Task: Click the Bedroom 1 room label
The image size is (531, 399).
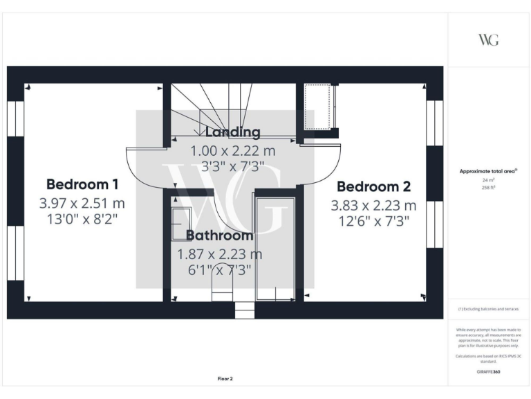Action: (x=82, y=184)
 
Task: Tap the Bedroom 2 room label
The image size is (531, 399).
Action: (x=373, y=186)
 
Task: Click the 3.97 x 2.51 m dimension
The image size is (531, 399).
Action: (x=82, y=204)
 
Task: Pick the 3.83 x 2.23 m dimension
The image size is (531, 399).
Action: (x=373, y=205)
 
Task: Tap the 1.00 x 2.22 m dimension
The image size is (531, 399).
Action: (x=233, y=150)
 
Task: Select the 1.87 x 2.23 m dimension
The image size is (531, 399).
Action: (x=220, y=254)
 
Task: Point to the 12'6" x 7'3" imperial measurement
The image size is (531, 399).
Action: (x=373, y=222)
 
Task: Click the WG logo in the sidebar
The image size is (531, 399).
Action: (x=488, y=39)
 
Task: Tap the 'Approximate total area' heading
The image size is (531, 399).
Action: (x=488, y=171)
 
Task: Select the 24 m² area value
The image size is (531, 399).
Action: (x=488, y=179)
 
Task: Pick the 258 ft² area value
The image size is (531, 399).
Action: (x=488, y=187)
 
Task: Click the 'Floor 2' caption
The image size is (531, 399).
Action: (x=225, y=379)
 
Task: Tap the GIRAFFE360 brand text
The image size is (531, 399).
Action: (x=488, y=372)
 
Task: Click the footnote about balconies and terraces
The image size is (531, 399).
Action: (x=488, y=309)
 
